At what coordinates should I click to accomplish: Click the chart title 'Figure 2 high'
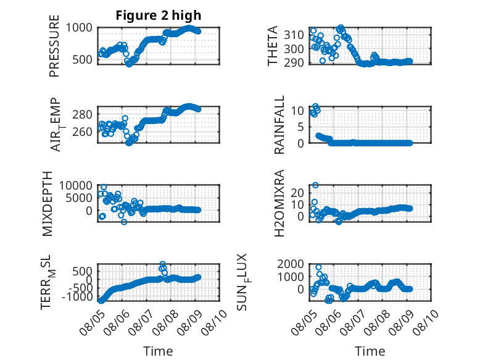point(159,15)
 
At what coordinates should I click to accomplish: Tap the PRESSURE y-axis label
point(54,46)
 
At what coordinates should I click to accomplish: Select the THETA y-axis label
point(272,46)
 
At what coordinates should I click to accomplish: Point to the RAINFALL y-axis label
point(279,125)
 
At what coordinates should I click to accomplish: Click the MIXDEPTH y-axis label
point(48,204)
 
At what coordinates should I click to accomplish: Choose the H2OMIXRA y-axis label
point(279,203)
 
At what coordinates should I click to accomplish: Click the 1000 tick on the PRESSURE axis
point(79,28)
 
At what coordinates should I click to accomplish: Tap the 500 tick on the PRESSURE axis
point(82,59)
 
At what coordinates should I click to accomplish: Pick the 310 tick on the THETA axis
point(294,35)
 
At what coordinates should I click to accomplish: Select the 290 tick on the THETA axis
point(294,62)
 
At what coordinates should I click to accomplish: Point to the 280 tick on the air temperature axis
point(82,115)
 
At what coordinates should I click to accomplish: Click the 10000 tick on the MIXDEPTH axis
point(76,185)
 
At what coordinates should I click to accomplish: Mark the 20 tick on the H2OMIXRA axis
point(297,193)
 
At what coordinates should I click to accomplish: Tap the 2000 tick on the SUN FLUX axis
point(291,264)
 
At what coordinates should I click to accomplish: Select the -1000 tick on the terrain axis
point(77,296)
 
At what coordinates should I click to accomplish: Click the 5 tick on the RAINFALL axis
point(301,127)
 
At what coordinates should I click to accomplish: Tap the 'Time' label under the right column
point(370,351)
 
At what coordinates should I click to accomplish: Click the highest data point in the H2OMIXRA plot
point(315,185)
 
